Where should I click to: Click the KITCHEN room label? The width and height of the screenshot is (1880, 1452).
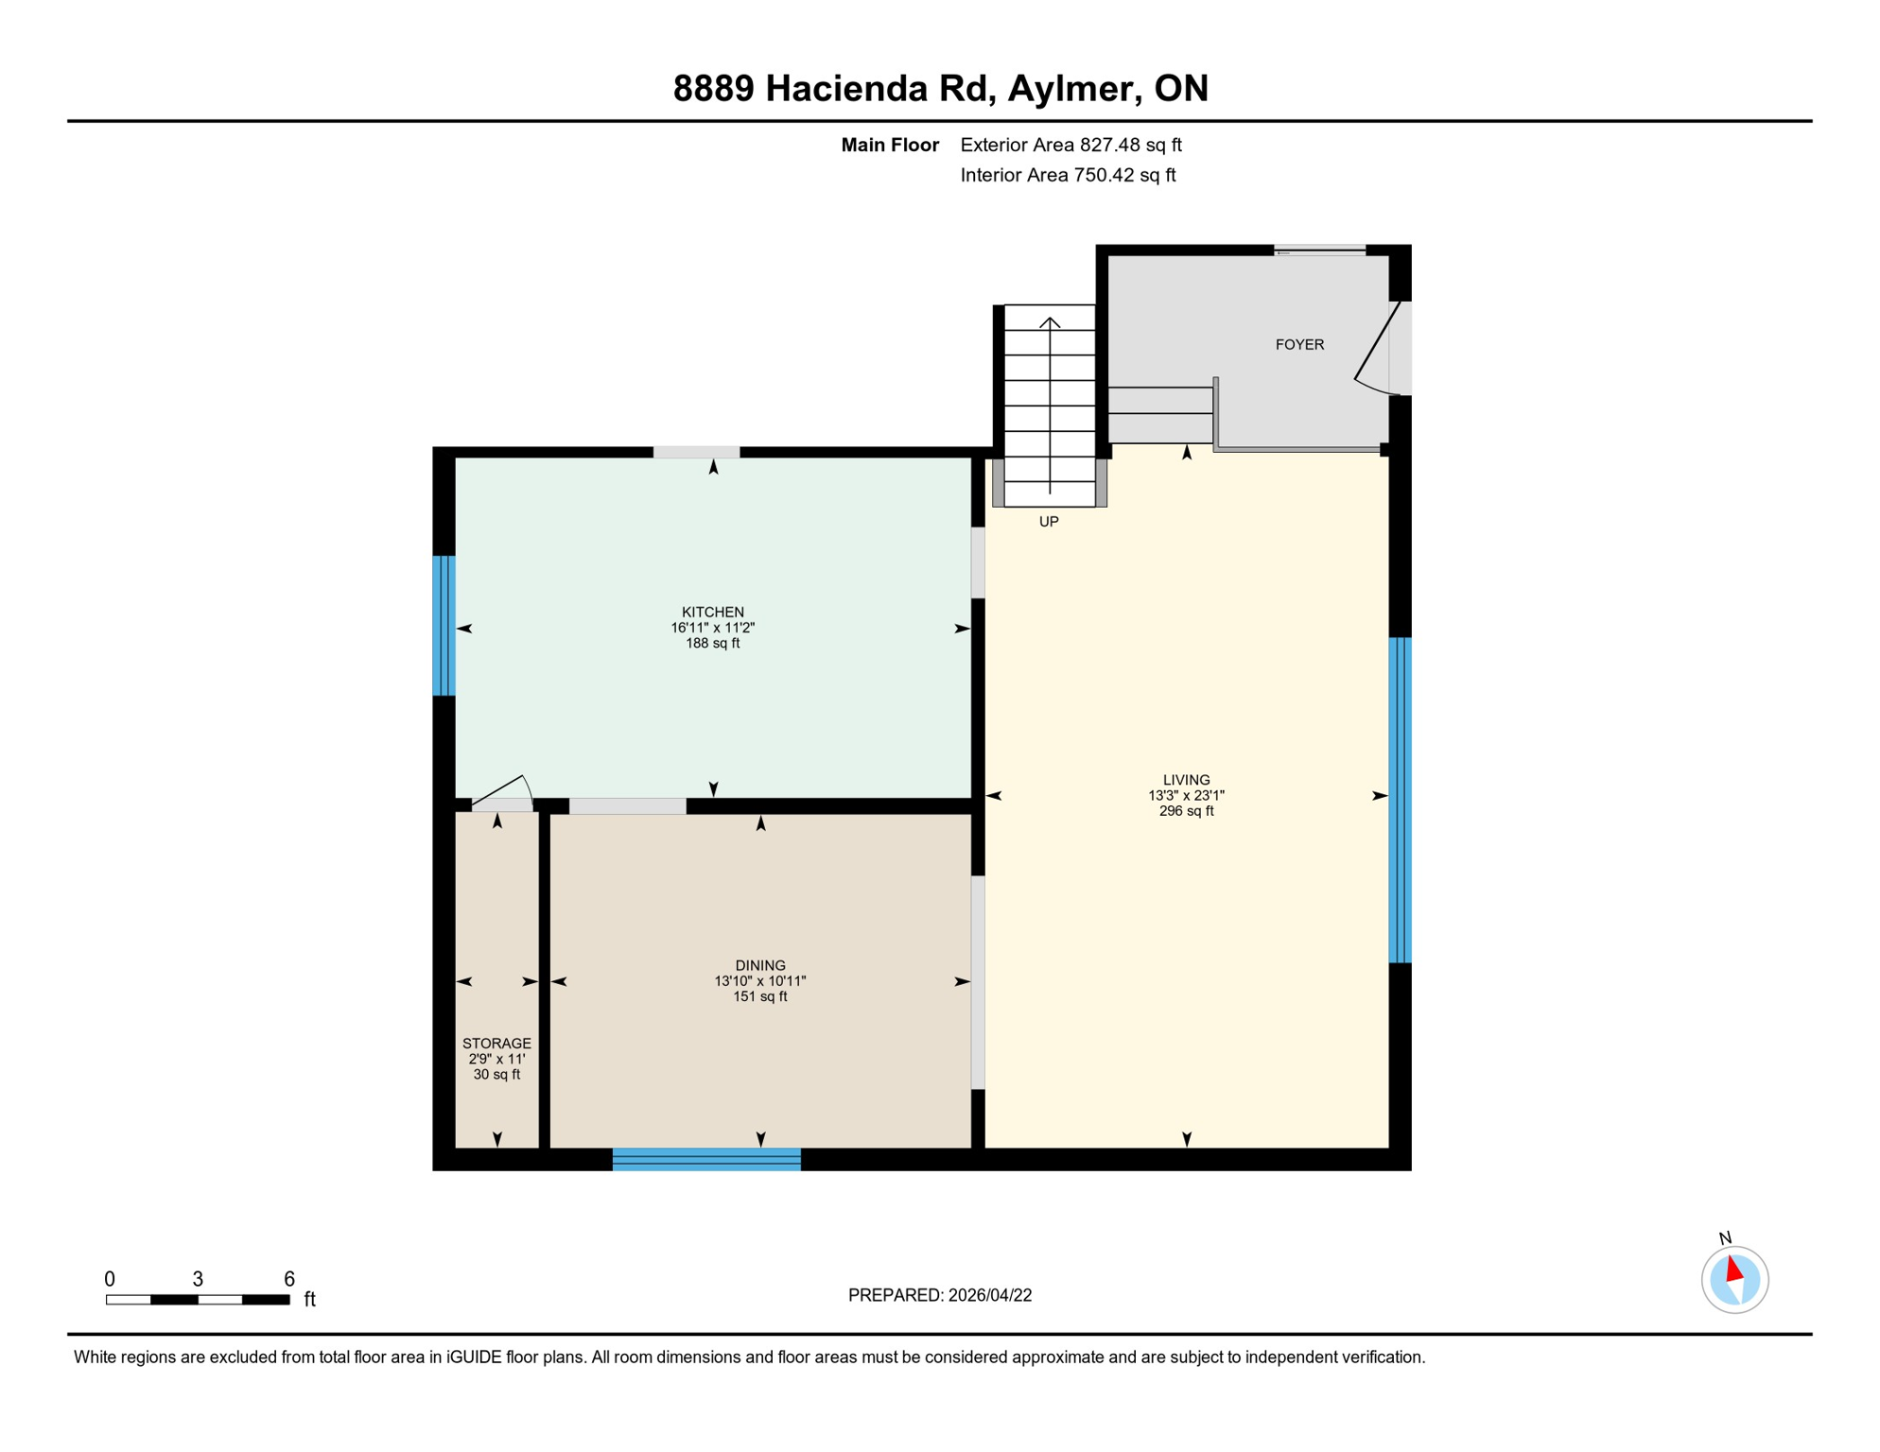tap(712, 612)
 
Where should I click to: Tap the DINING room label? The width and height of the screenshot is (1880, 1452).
tap(759, 965)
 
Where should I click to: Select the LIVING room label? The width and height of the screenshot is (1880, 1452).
tap(1186, 780)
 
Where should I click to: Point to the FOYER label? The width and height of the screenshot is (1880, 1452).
tap(1299, 345)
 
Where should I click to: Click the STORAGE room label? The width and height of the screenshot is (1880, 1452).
tap(496, 1043)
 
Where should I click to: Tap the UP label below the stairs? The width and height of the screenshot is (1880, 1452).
tap(1049, 522)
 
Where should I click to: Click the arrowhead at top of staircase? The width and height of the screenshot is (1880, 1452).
tap(1050, 322)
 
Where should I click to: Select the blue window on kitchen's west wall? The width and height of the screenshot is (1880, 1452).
tap(444, 625)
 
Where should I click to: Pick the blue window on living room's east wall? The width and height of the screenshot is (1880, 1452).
tap(1400, 800)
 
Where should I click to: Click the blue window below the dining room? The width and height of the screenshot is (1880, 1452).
tap(706, 1159)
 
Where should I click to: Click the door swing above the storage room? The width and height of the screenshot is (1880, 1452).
tap(503, 791)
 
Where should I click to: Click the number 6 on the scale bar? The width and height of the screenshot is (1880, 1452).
tap(289, 1279)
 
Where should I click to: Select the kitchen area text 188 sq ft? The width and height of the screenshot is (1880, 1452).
tap(712, 643)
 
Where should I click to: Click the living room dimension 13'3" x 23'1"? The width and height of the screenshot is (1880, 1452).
tap(1186, 796)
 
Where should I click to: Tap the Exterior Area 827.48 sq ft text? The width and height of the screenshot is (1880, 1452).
tap(1071, 145)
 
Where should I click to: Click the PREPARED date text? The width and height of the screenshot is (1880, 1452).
tap(939, 1295)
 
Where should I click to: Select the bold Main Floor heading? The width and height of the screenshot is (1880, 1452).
tap(890, 145)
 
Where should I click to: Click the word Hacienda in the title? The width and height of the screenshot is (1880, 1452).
tap(845, 88)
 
